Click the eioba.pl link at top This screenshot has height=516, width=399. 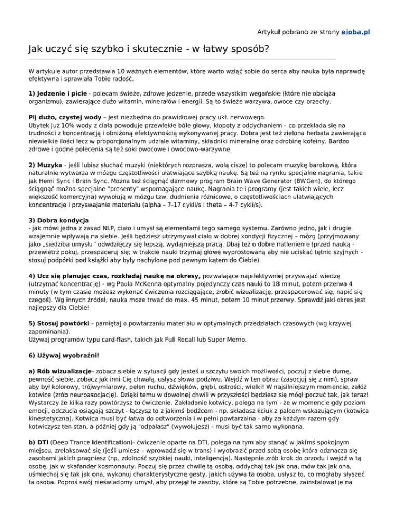click(355, 32)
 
